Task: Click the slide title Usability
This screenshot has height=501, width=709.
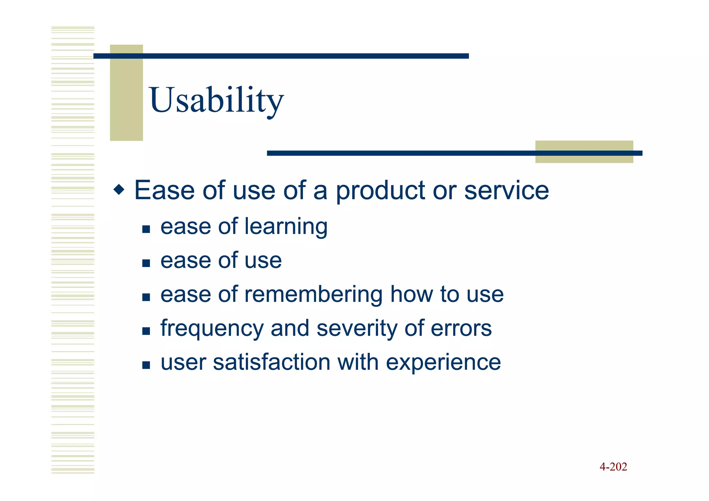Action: (216, 100)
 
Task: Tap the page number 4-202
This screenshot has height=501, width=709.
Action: (613, 467)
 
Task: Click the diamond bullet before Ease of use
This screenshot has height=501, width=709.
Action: (119, 190)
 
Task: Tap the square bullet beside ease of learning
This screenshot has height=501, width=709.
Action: (146, 229)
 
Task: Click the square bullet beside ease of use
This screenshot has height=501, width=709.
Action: (146, 263)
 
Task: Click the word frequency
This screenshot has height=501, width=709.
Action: (212, 329)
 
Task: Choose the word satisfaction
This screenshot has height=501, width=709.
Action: (271, 362)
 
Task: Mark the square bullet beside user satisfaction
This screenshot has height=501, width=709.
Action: (146, 365)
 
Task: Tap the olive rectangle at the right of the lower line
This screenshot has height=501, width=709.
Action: (584, 159)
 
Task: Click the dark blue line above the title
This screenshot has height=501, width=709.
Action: (281, 56)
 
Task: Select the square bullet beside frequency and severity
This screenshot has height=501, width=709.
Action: (146, 331)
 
